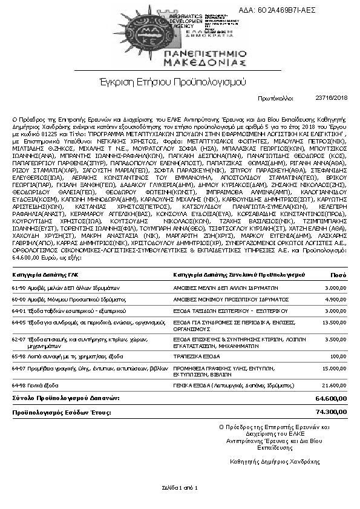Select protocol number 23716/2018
click(332, 97)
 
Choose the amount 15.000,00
click(334, 368)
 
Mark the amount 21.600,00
click(334, 385)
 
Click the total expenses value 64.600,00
click(332, 398)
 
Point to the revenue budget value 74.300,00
click(332, 412)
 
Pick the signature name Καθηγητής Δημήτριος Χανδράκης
click(274, 461)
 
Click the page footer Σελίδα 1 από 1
click(180, 487)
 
